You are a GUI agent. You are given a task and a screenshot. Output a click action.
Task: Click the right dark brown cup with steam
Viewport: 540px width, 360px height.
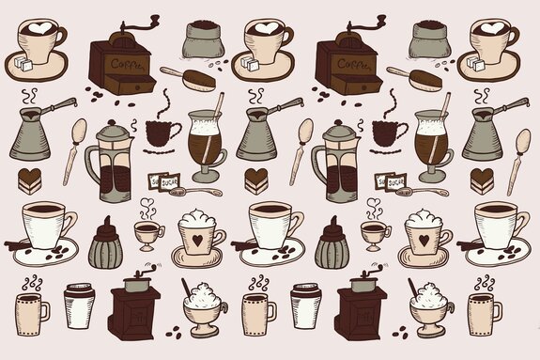pos(388,131)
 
